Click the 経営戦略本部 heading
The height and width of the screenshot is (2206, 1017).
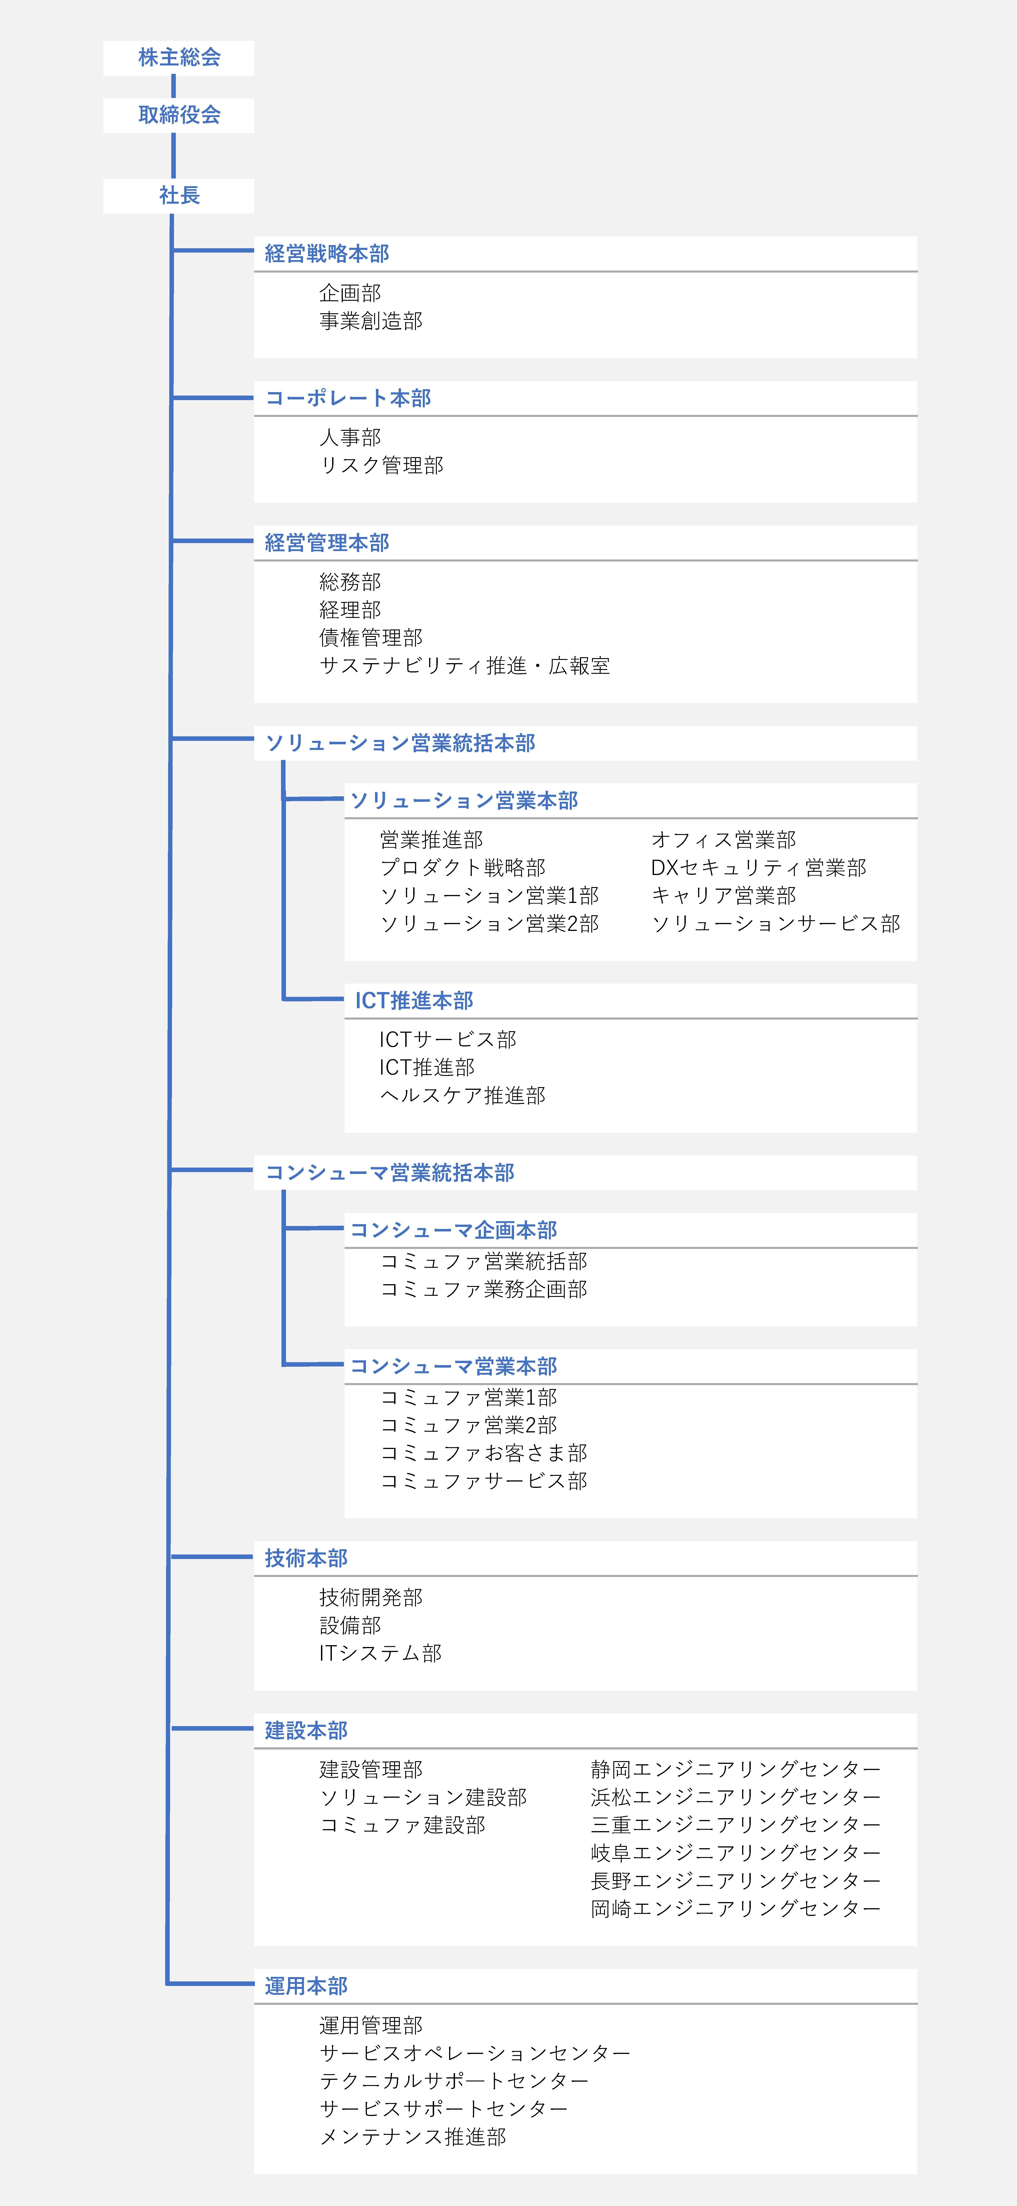tap(327, 253)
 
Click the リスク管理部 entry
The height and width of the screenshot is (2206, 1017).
tap(382, 466)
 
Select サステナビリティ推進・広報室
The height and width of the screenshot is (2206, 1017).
tap(465, 666)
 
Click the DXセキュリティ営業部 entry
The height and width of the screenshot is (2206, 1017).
tap(758, 868)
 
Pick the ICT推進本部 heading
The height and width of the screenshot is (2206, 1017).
tap(414, 1001)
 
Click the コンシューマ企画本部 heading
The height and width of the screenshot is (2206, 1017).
tap(454, 1231)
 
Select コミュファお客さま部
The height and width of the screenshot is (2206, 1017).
tap(484, 1453)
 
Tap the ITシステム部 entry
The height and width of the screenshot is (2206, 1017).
tap(381, 1654)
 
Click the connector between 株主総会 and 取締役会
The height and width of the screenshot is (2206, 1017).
tap(174, 86)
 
